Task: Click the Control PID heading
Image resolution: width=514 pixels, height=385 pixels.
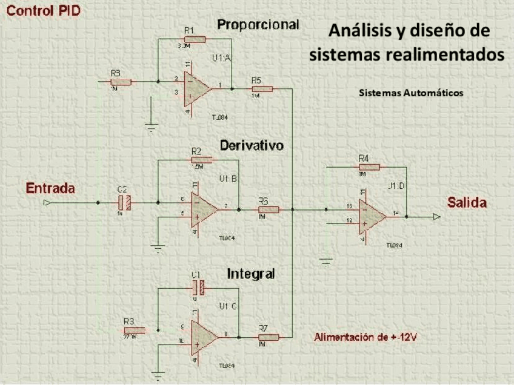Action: (x=43, y=11)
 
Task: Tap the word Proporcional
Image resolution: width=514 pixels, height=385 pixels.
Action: (x=258, y=25)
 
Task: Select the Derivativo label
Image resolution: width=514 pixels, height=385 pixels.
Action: (x=252, y=146)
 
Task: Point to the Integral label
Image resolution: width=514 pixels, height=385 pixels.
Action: (x=251, y=274)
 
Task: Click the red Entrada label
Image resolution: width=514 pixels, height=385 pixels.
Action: (x=50, y=188)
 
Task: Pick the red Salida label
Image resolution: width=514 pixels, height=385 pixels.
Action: (x=467, y=203)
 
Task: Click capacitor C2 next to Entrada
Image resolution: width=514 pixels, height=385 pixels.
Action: (x=123, y=203)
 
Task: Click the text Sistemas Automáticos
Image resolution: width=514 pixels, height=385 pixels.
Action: (x=410, y=94)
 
